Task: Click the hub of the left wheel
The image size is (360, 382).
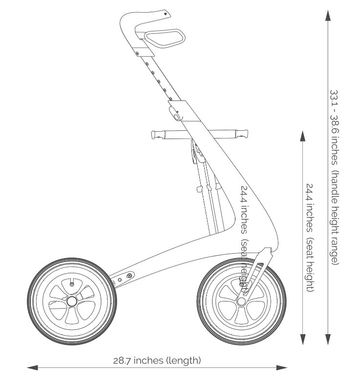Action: point(72,300)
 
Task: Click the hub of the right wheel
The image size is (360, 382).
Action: point(241,301)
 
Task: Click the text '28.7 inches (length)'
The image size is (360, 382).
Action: point(157,361)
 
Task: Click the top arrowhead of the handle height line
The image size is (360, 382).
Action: point(328,15)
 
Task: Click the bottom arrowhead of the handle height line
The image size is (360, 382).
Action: point(328,340)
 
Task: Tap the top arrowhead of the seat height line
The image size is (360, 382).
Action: point(303,136)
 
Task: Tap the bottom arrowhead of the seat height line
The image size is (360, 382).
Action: point(303,340)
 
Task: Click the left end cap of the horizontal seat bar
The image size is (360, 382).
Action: point(154,134)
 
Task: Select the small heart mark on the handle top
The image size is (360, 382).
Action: point(166,14)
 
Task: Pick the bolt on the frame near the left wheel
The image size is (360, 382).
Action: point(129,277)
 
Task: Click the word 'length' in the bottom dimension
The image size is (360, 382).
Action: point(184,361)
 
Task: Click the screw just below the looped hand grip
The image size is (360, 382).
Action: point(138,52)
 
